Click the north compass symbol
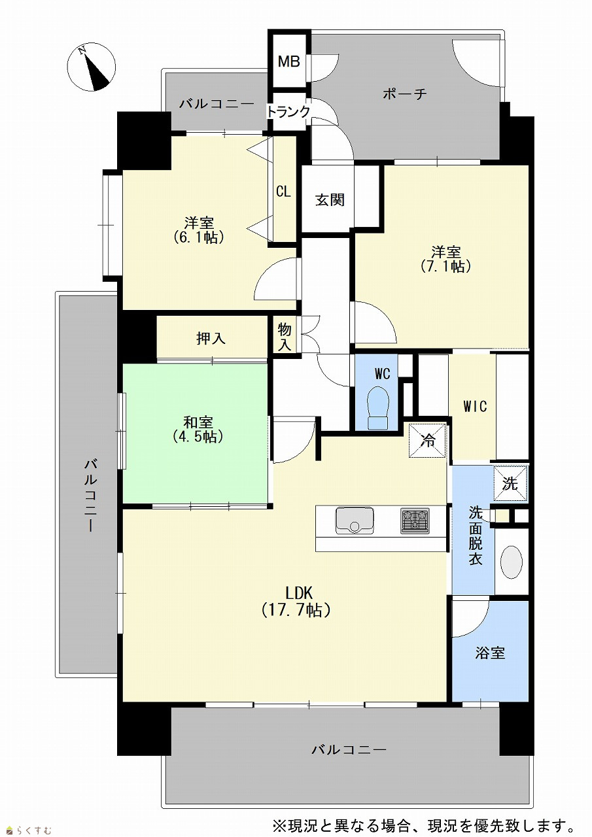point(92,67)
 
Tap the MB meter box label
point(289,61)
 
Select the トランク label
point(289,111)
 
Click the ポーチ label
point(405,94)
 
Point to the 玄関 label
point(330,200)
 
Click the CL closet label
point(283,192)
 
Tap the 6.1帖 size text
point(199,237)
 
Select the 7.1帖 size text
point(445,266)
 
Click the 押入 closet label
point(211,338)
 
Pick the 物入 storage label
point(285,337)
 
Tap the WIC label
point(476,406)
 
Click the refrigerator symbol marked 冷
point(428,441)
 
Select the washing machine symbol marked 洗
point(510,483)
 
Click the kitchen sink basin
point(355,521)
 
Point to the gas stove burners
point(415,521)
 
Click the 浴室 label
point(490,653)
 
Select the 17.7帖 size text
point(296,610)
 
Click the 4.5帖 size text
point(198,436)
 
